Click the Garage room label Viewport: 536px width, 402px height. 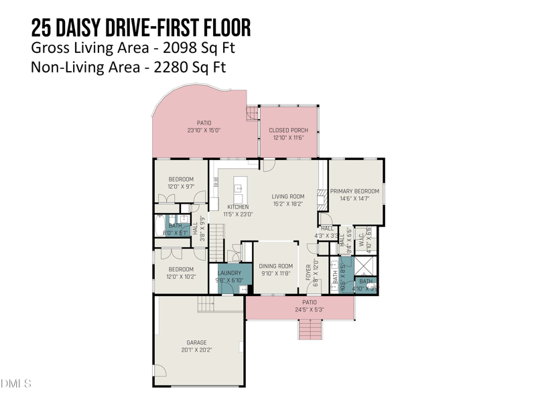click(196, 342)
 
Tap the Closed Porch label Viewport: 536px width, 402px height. click(288, 130)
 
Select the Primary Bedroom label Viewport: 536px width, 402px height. click(354, 191)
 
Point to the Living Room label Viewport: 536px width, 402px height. click(287, 197)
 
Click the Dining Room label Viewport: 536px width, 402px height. click(275, 266)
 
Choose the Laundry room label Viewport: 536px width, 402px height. click(229, 273)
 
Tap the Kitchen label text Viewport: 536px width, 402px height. click(238, 207)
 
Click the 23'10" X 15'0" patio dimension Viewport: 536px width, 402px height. click(204, 131)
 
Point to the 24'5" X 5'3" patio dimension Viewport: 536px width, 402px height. click(309, 310)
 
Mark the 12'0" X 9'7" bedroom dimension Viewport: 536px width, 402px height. click(181, 187)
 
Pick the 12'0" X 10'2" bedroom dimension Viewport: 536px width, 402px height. click(181, 277)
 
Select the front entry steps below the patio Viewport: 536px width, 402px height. click(310, 329)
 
